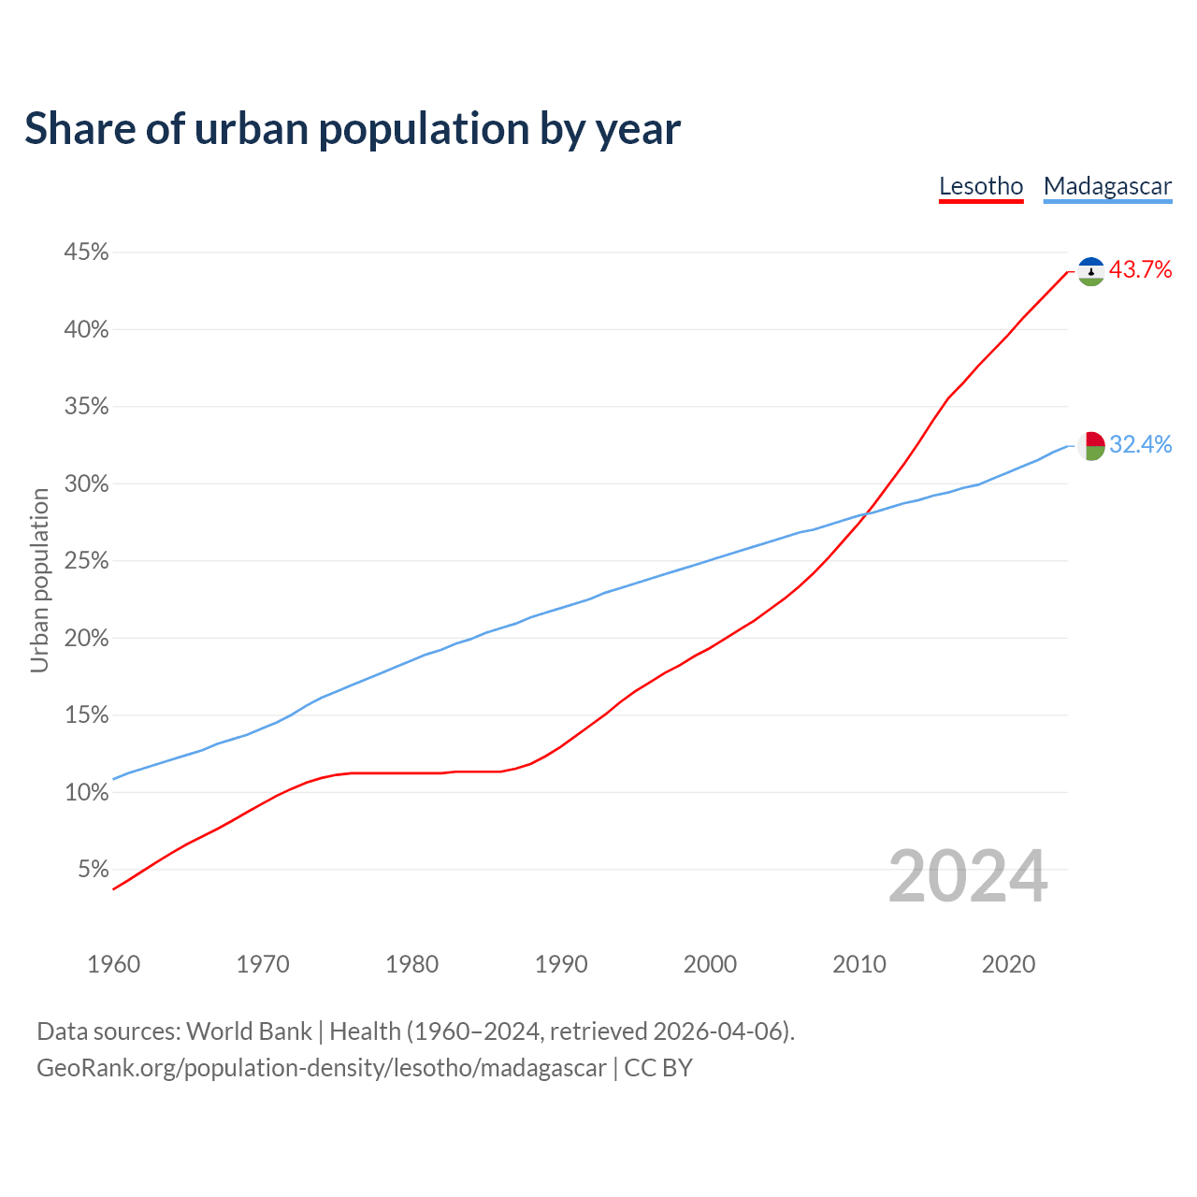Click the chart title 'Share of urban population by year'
click(353, 129)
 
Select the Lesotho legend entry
click(981, 186)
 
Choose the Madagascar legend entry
click(1107, 186)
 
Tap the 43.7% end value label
click(1140, 270)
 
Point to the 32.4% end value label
click(1140, 444)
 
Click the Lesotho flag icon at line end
click(1091, 271)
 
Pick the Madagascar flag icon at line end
click(1091, 445)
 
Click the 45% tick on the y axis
click(86, 252)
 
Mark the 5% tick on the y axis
click(94, 870)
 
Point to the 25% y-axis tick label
click(86, 561)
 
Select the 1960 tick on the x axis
click(114, 964)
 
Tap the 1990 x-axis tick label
click(561, 964)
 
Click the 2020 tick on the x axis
click(1008, 964)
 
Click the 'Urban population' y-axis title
click(39, 580)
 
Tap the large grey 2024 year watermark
click(968, 876)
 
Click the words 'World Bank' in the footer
click(249, 1031)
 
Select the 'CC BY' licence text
click(658, 1068)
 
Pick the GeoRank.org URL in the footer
click(321, 1068)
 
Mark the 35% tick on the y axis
click(86, 407)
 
